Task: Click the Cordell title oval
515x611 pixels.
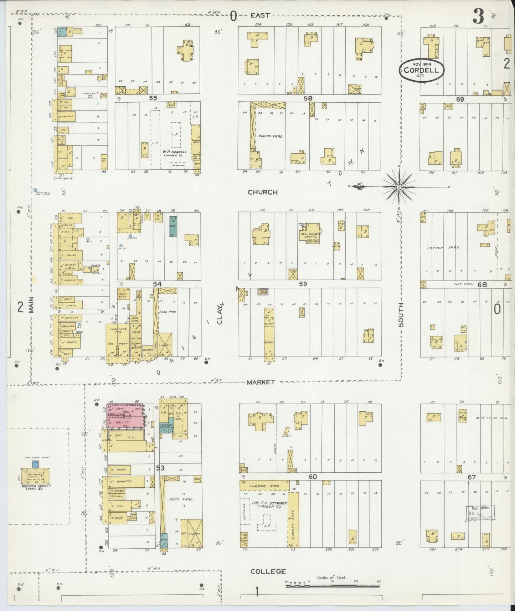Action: [421, 70]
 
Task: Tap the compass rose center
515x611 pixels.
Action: [399, 186]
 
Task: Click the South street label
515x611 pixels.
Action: [401, 315]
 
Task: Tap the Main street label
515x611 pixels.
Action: [31, 305]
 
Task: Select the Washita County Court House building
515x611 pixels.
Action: [35, 475]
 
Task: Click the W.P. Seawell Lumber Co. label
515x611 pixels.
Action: [173, 153]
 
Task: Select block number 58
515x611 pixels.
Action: [308, 98]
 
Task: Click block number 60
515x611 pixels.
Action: [313, 477]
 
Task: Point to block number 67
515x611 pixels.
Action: [472, 477]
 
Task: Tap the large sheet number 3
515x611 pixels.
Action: [478, 16]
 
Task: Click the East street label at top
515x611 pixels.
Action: [260, 15]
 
